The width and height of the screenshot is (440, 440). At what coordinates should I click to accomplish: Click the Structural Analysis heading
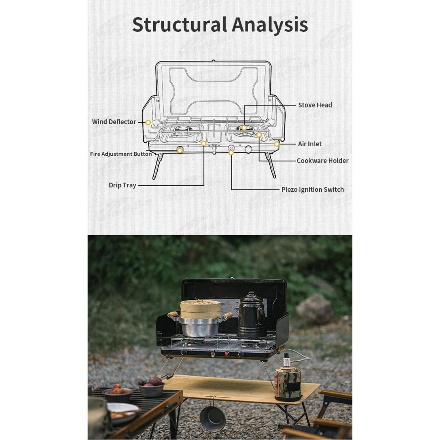tap(220, 24)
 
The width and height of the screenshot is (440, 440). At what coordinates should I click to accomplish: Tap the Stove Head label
tap(315, 105)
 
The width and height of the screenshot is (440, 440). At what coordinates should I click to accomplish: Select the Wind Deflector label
tap(114, 122)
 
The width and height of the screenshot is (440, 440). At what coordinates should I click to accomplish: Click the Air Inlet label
tap(310, 144)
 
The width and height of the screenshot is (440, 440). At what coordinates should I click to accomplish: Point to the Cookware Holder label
tap(322, 161)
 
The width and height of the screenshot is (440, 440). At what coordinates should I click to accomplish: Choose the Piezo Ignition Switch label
tap(312, 189)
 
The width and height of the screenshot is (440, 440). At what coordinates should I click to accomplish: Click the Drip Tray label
tap(122, 185)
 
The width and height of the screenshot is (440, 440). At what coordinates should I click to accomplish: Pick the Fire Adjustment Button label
tap(121, 154)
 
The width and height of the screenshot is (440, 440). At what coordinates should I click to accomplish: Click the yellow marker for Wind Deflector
tap(148, 122)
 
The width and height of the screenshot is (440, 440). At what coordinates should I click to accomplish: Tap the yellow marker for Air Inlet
tap(277, 144)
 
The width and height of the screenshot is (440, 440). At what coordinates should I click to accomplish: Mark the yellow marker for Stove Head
tap(244, 128)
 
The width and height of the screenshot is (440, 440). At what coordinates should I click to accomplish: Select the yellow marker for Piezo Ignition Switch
tap(231, 153)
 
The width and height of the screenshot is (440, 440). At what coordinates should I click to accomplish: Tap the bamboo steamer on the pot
tap(200, 308)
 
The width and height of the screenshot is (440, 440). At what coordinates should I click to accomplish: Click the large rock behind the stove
tap(314, 309)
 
